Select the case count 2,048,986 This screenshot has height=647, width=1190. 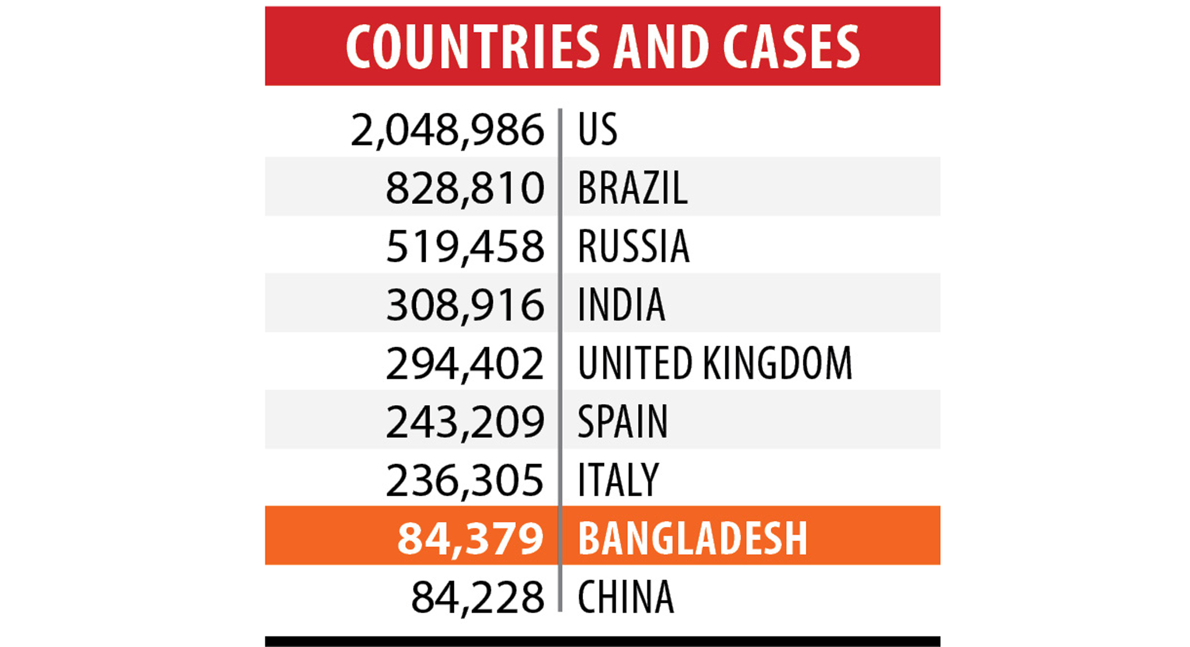(447, 130)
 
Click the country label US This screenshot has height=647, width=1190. (597, 130)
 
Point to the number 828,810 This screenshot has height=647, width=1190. (465, 188)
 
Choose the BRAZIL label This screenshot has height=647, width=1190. (632, 188)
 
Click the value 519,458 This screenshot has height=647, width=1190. (465, 247)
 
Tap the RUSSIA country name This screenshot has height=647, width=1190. (634, 247)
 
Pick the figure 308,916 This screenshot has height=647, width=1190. (465, 305)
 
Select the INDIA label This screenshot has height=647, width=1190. (621, 305)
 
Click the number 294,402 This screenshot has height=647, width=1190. (465, 364)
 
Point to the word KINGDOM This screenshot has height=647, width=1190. (777, 364)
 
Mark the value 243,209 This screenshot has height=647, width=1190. (465, 422)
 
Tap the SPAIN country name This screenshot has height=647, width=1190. (623, 422)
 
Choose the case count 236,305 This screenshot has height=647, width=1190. (465, 480)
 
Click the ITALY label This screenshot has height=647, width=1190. (618, 480)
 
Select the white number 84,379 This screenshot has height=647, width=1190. (470, 538)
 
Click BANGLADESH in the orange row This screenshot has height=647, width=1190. (692, 538)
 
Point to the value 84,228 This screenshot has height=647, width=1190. (477, 597)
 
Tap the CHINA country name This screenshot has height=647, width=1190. (626, 597)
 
